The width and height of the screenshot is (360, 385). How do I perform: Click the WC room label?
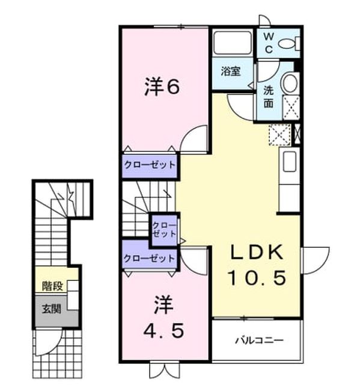tap(269, 43)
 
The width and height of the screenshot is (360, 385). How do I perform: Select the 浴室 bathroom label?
tap(231, 71)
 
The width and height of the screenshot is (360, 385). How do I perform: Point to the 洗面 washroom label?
tap(269, 97)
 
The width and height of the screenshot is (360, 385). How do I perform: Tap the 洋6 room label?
tap(162, 87)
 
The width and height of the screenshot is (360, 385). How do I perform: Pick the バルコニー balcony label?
tap(260, 340)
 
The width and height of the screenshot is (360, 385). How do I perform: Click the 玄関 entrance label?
tap(51, 309)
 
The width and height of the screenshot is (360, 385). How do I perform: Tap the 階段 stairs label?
tap(52, 286)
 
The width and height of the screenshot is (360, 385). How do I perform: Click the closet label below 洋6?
tap(150, 164)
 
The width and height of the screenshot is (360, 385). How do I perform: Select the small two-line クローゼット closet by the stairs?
tap(164, 229)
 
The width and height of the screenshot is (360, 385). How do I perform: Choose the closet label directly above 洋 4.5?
tap(149, 258)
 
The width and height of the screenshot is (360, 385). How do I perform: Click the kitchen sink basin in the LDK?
tap(289, 161)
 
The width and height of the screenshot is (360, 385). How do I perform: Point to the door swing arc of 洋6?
tap(188, 134)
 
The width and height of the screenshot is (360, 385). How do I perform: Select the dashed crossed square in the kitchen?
tap(280, 135)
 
